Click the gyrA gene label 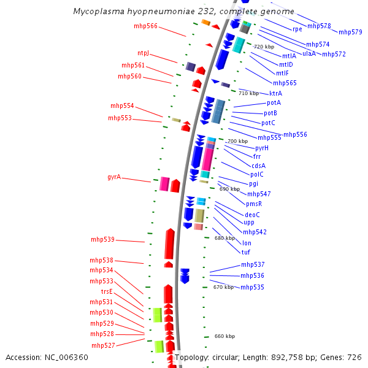113,177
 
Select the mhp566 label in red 145,26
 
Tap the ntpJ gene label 143,53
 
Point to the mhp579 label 350,32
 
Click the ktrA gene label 275,93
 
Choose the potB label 270,113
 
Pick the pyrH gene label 262,148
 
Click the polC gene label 257,174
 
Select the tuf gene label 245,252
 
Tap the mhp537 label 252,264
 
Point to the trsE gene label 107,291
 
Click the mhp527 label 102,345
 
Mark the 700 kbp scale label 237,141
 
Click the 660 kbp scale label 224,336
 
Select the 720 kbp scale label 264,47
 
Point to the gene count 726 355,357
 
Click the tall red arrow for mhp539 169,243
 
